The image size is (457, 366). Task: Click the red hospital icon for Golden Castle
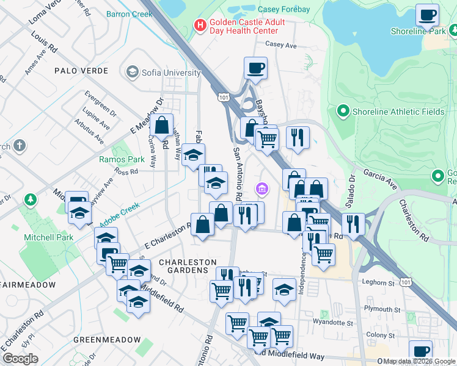tap(199, 25)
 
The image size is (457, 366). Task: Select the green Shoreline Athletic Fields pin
tap(343, 111)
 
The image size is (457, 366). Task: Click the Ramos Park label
tap(122, 160)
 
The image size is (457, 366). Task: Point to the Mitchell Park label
tap(48, 237)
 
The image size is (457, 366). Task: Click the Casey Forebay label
tap(285, 9)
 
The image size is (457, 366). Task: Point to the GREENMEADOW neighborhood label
tap(107, 339)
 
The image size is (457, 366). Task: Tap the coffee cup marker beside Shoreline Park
tap(427, 15)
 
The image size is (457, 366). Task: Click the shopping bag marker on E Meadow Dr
tap(163, 126)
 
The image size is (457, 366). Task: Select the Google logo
tap(20, 359)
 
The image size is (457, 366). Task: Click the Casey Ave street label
tap(280, 45)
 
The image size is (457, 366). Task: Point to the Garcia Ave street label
tap(379, 177)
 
